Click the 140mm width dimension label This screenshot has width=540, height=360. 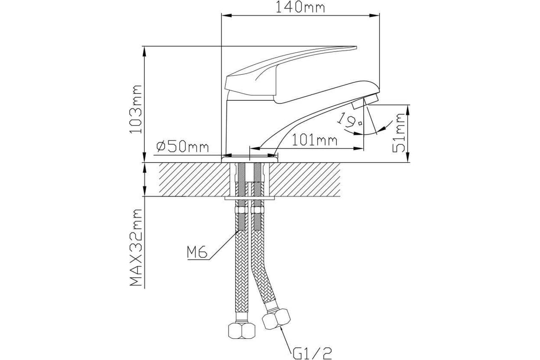[300, 7]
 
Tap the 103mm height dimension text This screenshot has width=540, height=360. [136, 109]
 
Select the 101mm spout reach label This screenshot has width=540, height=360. [315, 140]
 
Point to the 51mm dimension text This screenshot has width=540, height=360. [399, 133]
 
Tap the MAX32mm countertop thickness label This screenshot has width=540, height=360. [136, 247]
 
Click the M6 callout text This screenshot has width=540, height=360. [197, 252]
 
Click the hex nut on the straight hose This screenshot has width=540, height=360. [242, 330]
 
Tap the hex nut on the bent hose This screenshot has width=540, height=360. [276, 319]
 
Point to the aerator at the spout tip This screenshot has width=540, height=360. [365, 100]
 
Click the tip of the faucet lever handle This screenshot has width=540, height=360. [356, 46]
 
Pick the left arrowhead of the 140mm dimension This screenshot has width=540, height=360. [227, 16]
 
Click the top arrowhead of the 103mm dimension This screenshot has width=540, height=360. [144, 51]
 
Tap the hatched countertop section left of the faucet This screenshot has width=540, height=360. [194, 180]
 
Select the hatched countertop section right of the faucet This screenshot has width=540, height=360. [305, 180]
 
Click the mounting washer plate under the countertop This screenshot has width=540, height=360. [249, 198]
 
